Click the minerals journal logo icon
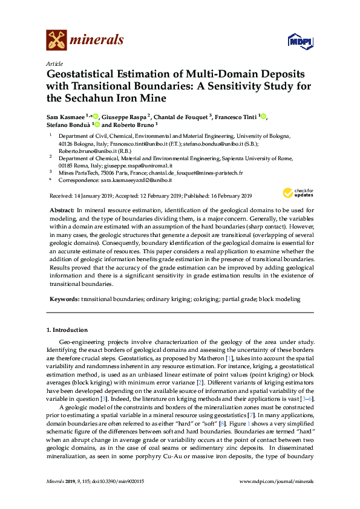(56, 39)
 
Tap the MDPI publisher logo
(301, 41)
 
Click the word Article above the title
(54, 63)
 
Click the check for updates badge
(296, 193)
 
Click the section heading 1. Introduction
(67, 330)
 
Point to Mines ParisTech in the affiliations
(79, 172)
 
